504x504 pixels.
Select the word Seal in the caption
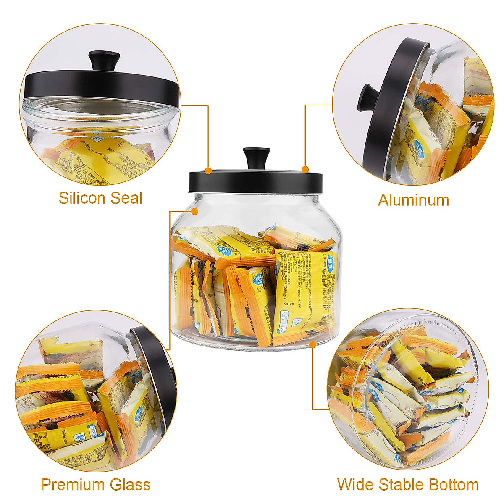click(126, 198)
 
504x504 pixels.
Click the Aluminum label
click(413, 200)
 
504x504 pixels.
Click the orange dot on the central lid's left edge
click(208, 171)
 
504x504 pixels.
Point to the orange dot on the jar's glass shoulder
click(194, 211)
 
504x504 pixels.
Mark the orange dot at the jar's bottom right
click(312, 345)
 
